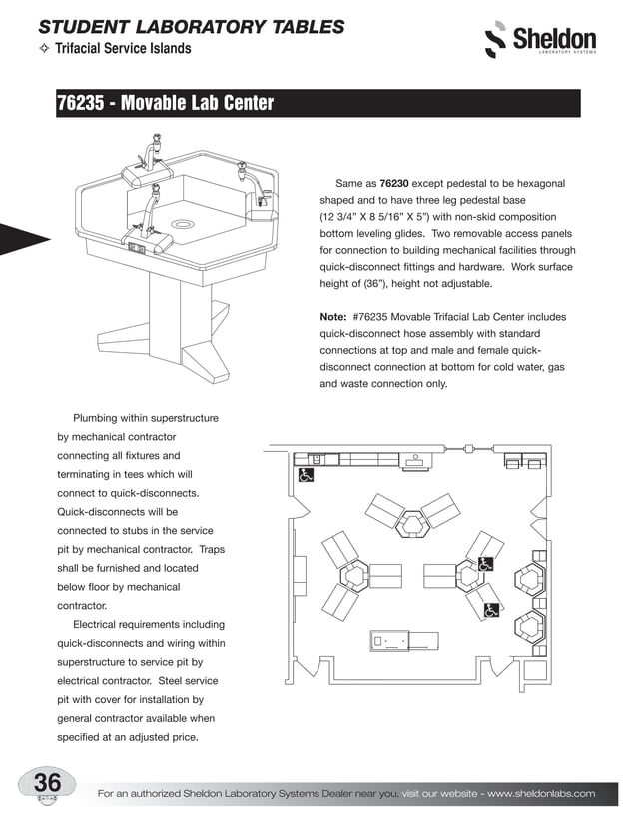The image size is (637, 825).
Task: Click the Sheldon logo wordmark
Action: pyautogui.click(x=554, y=40)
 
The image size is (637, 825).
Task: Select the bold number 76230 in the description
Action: pyautogui.click(x=398, y=184)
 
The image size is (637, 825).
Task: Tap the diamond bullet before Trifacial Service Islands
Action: pyautogui.click(x=44, y=48)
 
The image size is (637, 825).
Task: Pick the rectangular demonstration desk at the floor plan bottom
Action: pyautogui.click(x=404, y=640)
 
